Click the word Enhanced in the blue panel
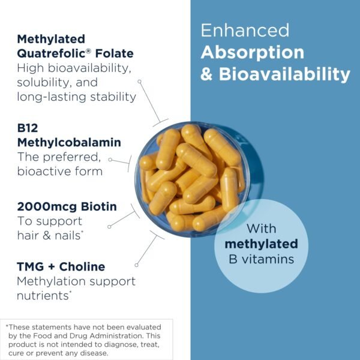(245, 30)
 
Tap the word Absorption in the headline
(253, 52)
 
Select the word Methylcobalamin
(69, 142)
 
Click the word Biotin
(97, 207)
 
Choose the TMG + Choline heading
(61, 266)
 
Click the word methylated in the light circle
(261, 244)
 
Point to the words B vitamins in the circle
(261, 259)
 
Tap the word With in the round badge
(261, 229)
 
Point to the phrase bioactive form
(60, 171)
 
